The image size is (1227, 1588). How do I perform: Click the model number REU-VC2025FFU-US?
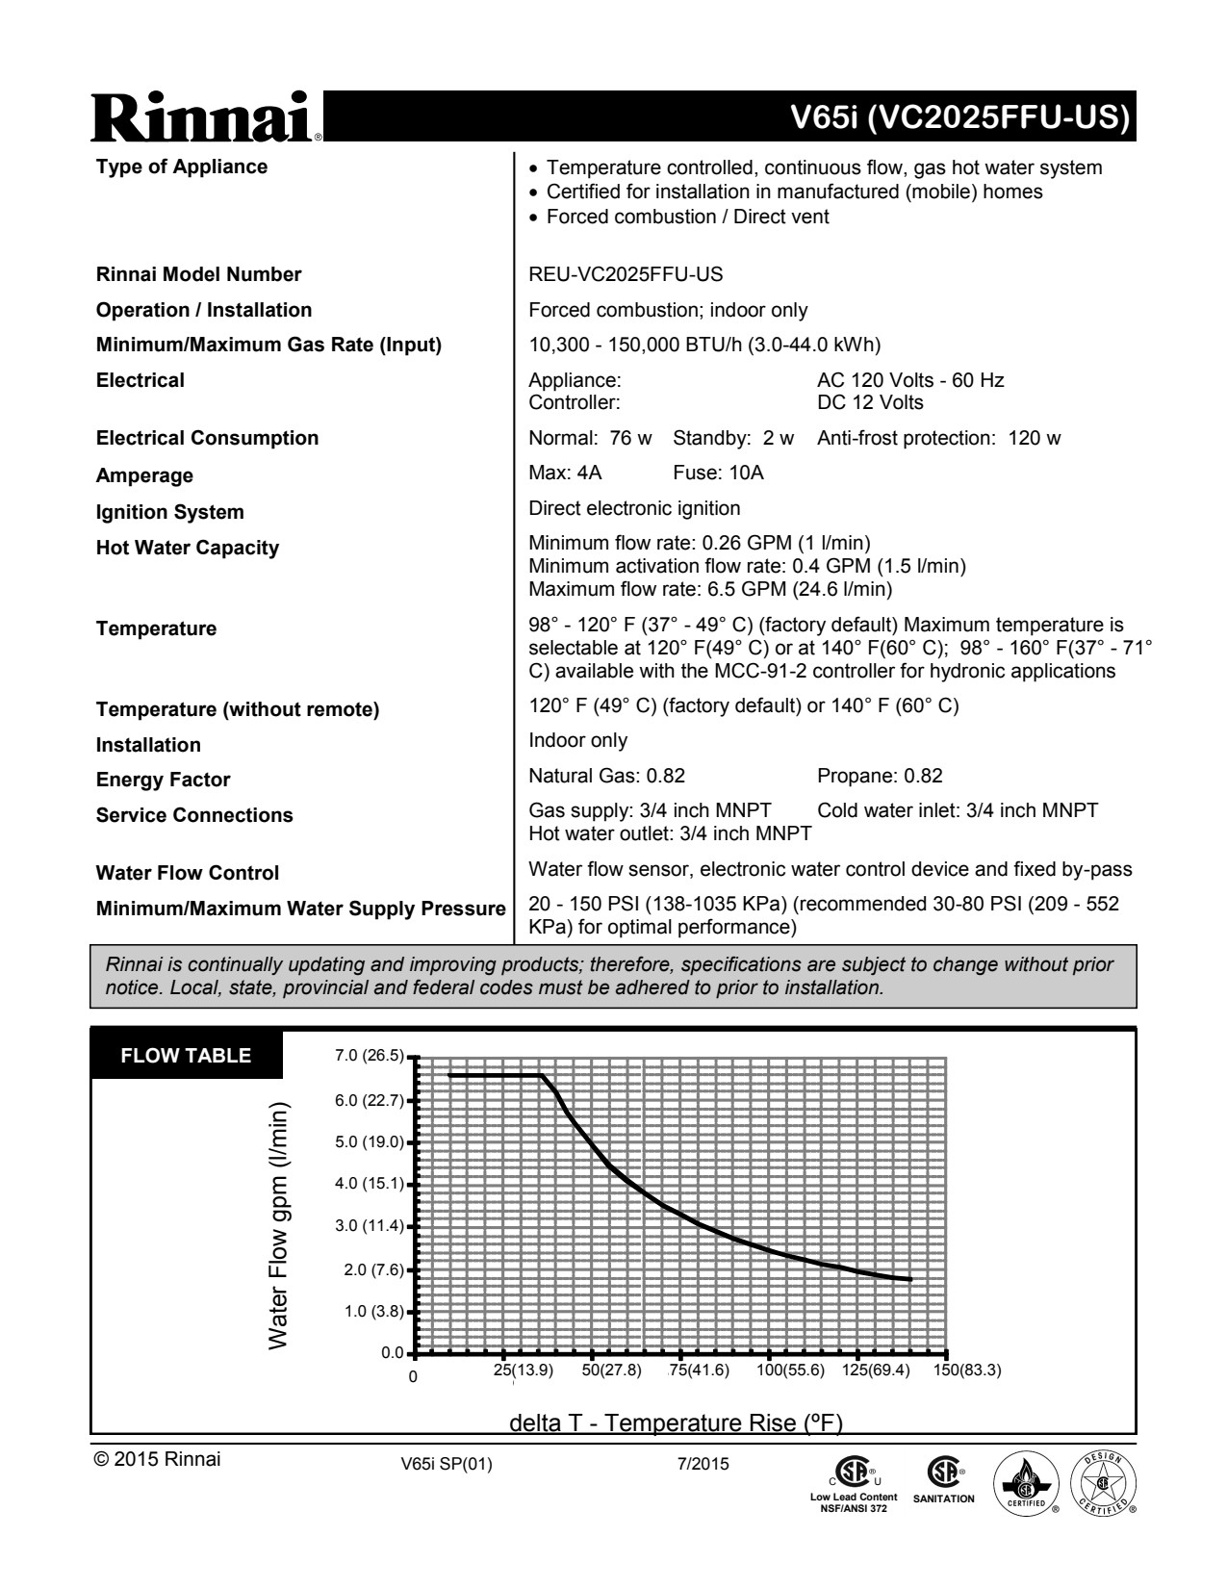point(626,274)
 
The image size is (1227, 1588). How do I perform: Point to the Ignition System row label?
point(169,512)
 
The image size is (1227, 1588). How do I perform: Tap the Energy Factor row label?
point(163,780)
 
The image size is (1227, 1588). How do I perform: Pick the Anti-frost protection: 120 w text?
point(938,438)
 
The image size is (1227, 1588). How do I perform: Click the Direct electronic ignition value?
point(634,508)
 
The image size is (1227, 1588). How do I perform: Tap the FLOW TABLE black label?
point(186,1056)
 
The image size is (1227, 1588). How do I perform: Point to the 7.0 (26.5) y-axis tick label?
point(370,1056)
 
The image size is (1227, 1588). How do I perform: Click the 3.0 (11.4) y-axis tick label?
point(370,1225)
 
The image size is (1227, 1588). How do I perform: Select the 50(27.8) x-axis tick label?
point(611,1370)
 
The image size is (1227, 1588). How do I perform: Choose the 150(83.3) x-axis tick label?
point(967,1370)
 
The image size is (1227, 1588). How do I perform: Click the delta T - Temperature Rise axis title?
point(676,1422)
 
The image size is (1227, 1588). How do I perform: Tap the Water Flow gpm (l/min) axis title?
point(278,1225)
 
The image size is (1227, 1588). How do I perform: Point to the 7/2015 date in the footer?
point(703,1465)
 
